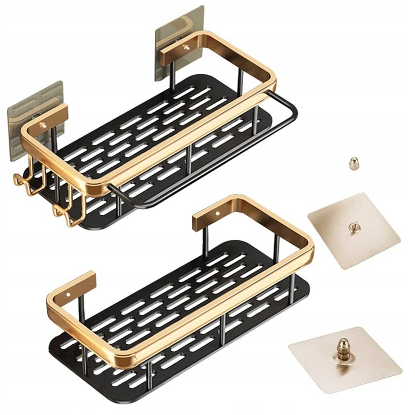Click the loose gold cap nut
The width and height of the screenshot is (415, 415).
tap(353, 164)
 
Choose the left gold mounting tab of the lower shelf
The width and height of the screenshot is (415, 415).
tap(72, 288)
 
